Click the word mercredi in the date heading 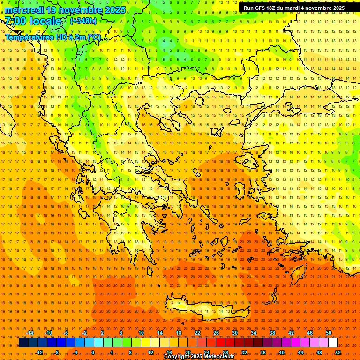coord(24,10)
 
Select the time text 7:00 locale coord(33,21)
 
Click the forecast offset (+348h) coord(83,21)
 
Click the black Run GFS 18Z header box coord(294,8)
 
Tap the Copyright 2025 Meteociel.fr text coord(199,357)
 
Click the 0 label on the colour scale coord(92,352)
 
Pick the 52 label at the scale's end coord(337,352)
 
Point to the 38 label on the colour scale coord(272,333)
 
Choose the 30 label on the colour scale coord(234,333)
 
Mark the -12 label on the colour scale coord(39,352)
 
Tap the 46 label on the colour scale coord(309,333)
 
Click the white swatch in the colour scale coord(333,343)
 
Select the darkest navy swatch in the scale coord(23,343)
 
